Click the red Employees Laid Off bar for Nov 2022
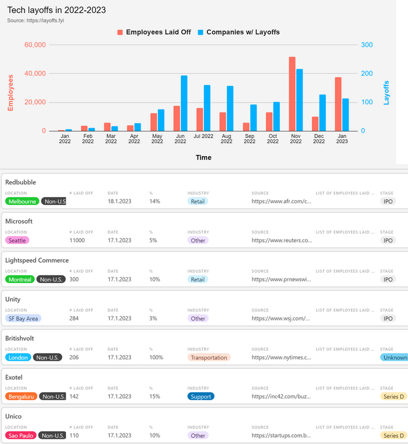click(292, 94)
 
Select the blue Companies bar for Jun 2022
click(184, 103)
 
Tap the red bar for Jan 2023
click(338, 104)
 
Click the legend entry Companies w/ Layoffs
click(238, 32)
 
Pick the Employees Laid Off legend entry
click(154, 32)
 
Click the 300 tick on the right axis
click(367, 45)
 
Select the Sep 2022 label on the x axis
click(249, 139)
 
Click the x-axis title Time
click(203, 157)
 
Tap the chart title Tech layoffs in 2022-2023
click(57, 10)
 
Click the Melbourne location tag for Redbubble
click(23, 202)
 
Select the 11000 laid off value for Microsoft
click(77, 240)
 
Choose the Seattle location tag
click(16, 240)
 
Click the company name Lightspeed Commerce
click(37, 260)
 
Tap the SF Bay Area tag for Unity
click(23, 318)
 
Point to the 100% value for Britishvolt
click(156, 357)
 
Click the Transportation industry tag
click(209, 357)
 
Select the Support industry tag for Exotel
click(201, 396)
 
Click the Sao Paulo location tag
click(21, 435)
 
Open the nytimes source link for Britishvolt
click(282, 357)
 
